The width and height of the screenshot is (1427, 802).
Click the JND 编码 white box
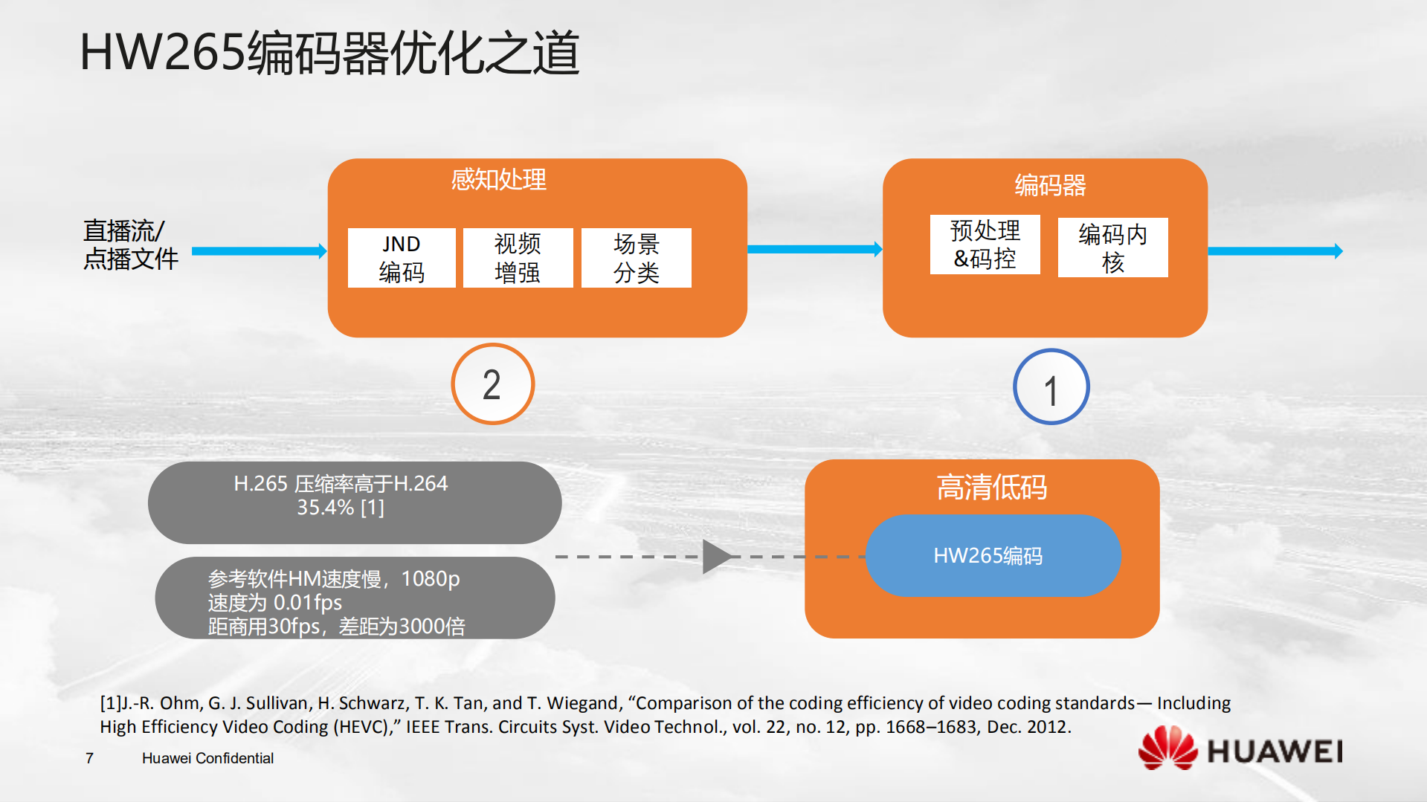(402, 258)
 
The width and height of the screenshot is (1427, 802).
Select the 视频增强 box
(518, 258)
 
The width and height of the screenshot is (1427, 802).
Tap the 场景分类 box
(636, 258)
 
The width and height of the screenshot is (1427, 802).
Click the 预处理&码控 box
(985, 245)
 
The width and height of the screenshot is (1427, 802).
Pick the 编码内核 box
(1112, 248)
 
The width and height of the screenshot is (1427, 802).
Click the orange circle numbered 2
(492, 384)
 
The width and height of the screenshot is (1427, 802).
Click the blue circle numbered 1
(1051, 387)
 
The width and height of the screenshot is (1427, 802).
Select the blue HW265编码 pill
(993, 555)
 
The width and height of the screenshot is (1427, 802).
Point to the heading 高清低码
(991, 488)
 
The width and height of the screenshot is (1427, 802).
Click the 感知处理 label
(498, 179)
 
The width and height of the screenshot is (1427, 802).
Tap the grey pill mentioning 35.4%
(354, 502)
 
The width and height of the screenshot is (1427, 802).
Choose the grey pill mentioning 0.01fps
(354, 598)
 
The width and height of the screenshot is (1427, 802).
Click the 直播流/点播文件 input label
(130, 245)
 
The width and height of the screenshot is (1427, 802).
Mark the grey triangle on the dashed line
(715, 557)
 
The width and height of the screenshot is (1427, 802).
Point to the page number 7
(89, 758)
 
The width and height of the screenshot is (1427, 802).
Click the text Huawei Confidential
(207, 758)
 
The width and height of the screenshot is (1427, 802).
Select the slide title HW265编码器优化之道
(329, 54)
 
